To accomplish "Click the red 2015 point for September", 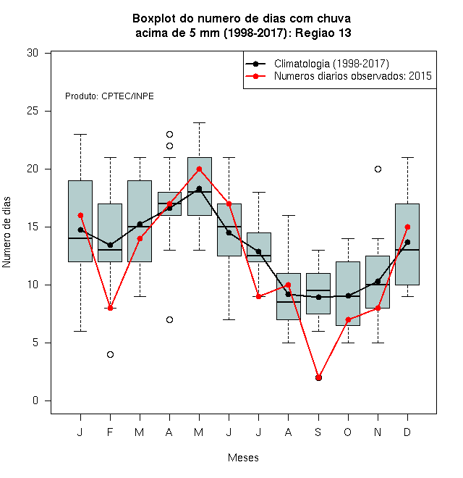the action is point(318,378).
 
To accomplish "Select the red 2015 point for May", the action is point(199,169).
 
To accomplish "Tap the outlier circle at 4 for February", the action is point(110,355).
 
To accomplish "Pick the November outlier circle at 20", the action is point(378,169).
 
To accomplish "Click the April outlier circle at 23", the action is point(170,135).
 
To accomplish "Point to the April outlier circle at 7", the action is point(170,320).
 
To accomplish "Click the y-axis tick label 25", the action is point(33,111).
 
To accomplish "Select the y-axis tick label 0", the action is point(35,401).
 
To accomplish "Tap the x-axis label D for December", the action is point(407,432).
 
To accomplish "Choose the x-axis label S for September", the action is point(318,432).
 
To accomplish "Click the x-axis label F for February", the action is point(110,432).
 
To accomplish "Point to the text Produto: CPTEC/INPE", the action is point(109,96).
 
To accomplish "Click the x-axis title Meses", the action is point(243,458).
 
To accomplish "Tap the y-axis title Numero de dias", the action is point(7,232).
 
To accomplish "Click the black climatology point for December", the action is point(407,243).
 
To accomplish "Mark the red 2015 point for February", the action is point(110,309).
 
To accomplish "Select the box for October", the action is point(348,293).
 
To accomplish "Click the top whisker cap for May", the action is point(199,123).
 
